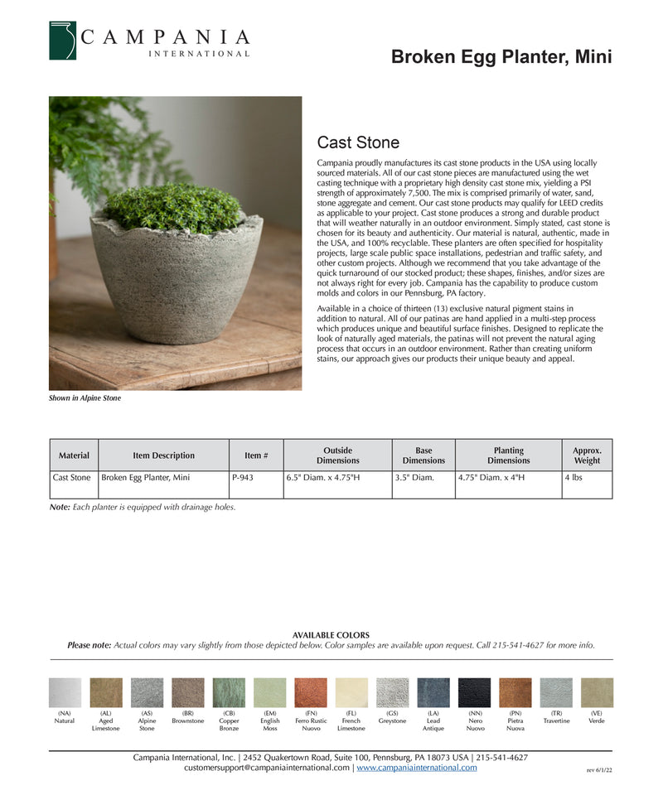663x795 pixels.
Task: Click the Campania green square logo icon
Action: coord(62,41)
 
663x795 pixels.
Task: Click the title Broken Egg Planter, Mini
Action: coord(501,57)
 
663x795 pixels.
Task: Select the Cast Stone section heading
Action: coord(358,142)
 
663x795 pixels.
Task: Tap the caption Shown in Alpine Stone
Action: coord(85,398)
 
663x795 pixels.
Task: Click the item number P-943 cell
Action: coord(243,478)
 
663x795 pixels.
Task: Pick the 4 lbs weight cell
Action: coord(573,478)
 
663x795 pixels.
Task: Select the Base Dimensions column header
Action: coord(423,455)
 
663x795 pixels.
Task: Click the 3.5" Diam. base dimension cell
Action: coord(414,478)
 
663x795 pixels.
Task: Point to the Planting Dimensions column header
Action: coord(508,455)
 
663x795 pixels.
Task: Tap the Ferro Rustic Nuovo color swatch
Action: coord(311,692)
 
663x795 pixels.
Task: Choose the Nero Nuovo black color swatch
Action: coord(475,692)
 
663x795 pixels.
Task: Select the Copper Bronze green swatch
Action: coord(229,692)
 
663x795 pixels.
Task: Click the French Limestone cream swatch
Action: coord(351,692)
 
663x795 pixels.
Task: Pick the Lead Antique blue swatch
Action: coord(433,692)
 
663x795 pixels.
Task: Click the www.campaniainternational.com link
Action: coord(417,768)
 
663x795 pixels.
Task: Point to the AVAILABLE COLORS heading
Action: coord(331,635)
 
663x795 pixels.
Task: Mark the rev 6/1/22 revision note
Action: coord(599,770)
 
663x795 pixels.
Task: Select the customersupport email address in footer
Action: coord(267,768)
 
